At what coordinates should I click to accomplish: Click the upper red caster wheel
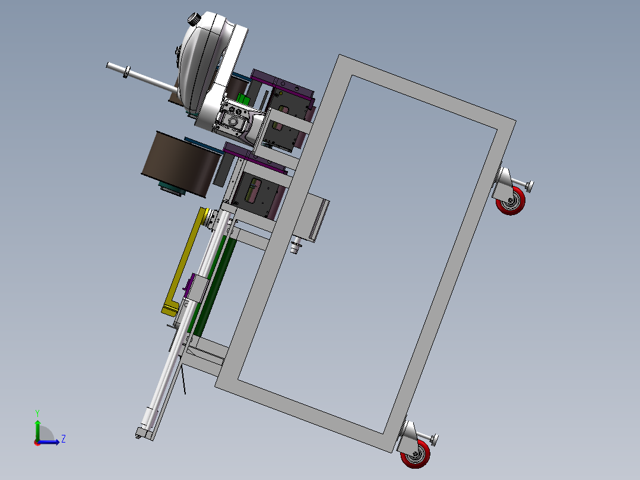pyautogui.click(x=511, y=201)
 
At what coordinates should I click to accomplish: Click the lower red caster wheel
pyautogui.click(x=415, y=453)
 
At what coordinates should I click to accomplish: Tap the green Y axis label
pyautogui.click(x=37, y=413)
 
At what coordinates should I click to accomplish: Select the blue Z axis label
pyautogui.click(x=64, y=439)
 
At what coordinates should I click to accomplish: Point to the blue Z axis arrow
pyautogui.click(x=49, y=441)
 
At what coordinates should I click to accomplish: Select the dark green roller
pyautogui.click(x=213, y=286)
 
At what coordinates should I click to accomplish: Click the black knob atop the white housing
pyautogui.click(x=195, y=19)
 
